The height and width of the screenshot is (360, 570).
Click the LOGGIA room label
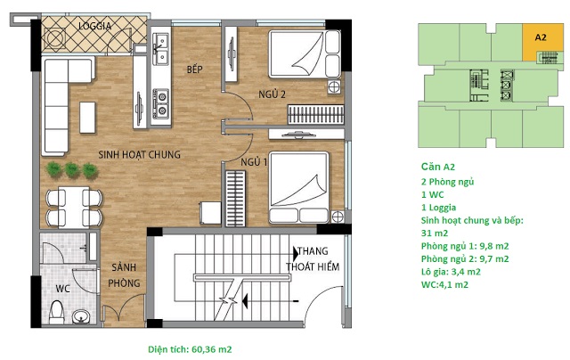94,26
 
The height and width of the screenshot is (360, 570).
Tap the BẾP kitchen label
194,70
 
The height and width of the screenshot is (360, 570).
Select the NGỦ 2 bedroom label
272,94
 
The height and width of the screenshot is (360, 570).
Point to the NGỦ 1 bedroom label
254,162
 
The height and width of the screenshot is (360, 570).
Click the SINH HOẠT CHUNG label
139,154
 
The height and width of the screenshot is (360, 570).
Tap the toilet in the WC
56,312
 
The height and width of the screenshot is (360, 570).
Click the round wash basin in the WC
81,316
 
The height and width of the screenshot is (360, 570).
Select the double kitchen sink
160,49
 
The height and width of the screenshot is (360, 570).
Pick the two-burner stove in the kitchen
160,103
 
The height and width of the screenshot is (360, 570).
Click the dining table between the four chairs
74,208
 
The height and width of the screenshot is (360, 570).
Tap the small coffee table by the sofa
87,118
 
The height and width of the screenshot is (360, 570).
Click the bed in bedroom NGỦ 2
305,54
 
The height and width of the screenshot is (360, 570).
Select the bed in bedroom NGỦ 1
299,187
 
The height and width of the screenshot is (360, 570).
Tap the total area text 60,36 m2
212,349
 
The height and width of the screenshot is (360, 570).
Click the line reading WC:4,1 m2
444,285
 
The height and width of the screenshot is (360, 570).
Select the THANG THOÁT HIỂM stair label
313,259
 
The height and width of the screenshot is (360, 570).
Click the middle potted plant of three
72,170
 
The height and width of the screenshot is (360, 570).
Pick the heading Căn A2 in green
437,167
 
